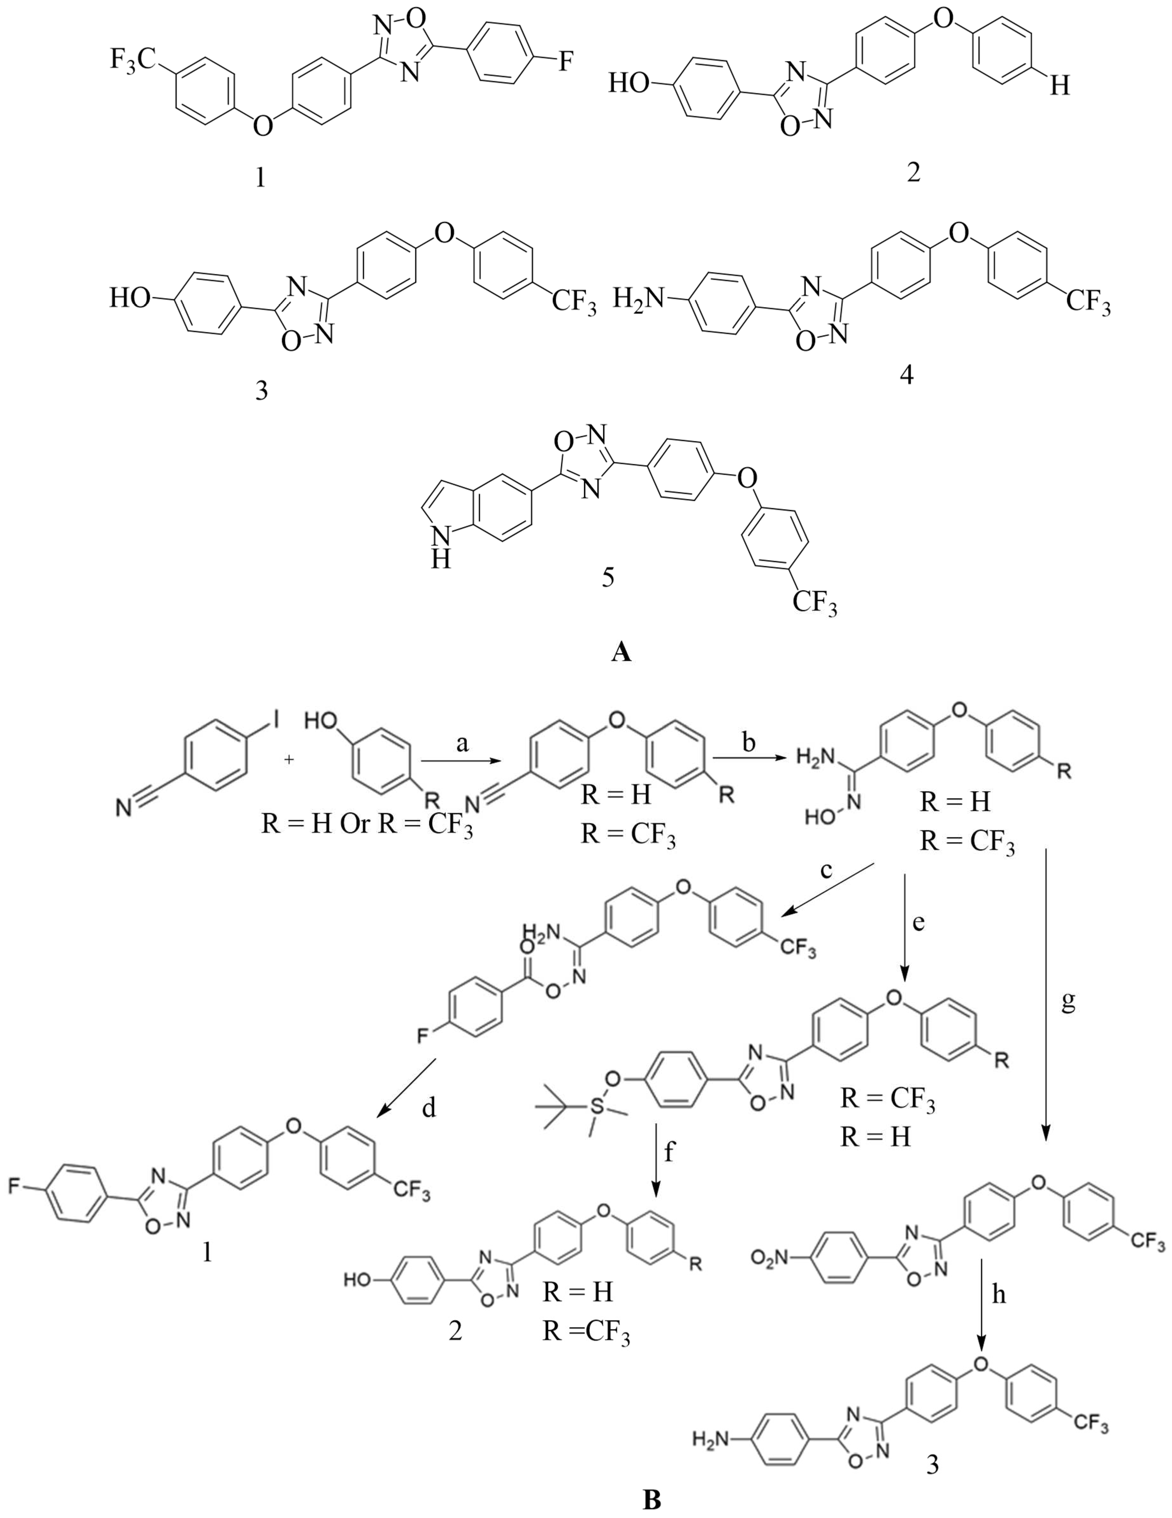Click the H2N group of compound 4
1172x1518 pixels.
[638, 300]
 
